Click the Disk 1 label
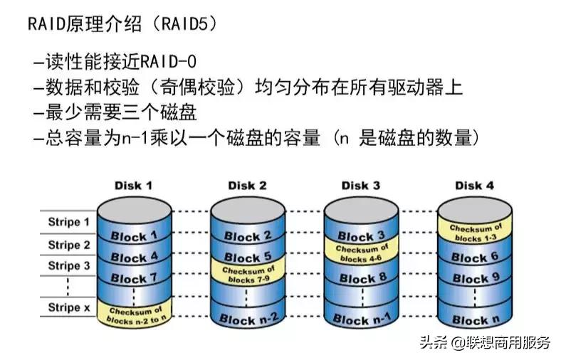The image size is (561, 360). tap(133, 186)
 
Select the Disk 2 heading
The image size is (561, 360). tap(247, 186)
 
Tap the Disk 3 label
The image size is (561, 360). tap(360, 186)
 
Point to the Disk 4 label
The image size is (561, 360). tap(473, 186)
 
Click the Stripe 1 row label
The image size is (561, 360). tap(68, 222)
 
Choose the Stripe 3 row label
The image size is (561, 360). tap(68, 266)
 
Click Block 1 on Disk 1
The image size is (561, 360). tap(133, 236)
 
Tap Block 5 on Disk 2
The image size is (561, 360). tap(247, 257)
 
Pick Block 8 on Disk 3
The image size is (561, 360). tap(361, 278)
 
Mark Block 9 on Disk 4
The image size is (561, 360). tap(474, 278)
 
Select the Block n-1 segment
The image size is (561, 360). tap(361, 319)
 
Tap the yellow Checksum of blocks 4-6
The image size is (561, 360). tap(361, 254)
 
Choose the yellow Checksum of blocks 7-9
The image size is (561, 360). tap(247, 275)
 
